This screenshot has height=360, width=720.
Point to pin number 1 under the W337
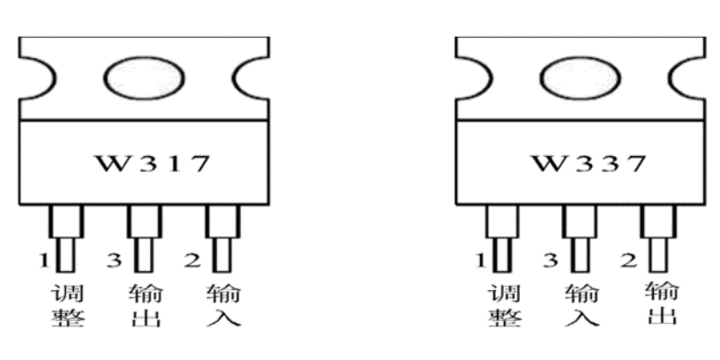tap(481, 259)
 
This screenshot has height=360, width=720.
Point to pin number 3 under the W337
tap(551, 259)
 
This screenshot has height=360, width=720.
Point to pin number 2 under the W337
tap(629, 259)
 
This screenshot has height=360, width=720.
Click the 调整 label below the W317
tap(68, 305)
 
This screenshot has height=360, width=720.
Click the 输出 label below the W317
tap(145, 305)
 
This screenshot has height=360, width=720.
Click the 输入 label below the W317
tap(222, 305)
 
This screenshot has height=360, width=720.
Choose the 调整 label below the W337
tap(504, 305)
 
